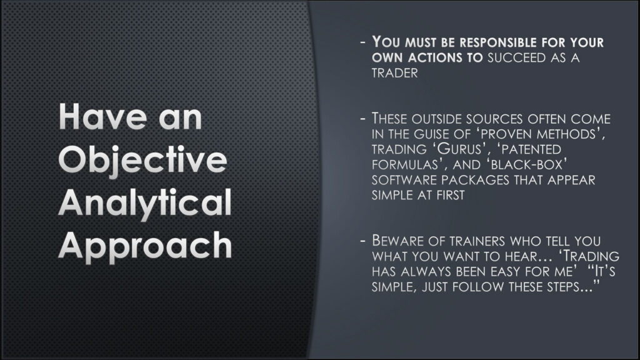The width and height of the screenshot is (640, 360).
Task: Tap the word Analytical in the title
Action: [145, 204]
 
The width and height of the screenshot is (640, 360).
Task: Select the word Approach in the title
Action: [145, 246]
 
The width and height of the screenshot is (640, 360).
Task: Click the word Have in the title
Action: [96, 119]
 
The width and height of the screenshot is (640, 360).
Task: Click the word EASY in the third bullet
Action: [515, 272]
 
